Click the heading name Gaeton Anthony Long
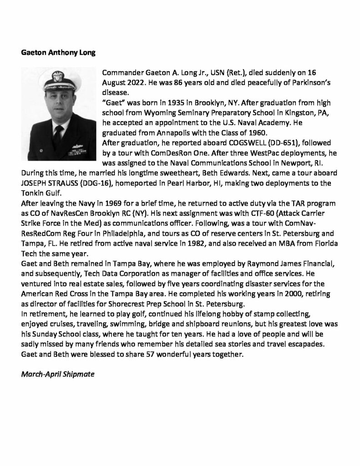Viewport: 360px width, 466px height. click(58, 52)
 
